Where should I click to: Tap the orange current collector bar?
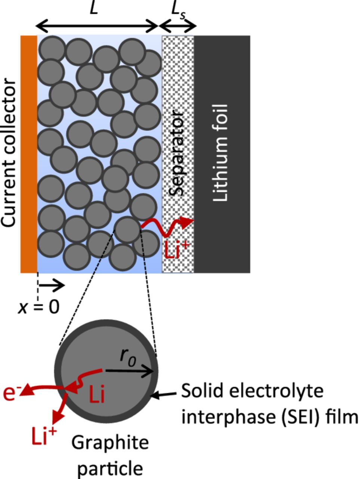pos(29,153)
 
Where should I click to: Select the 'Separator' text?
pos(177,153)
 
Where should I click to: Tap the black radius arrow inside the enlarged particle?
pos(129,371)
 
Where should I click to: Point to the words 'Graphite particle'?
pos(110,455)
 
